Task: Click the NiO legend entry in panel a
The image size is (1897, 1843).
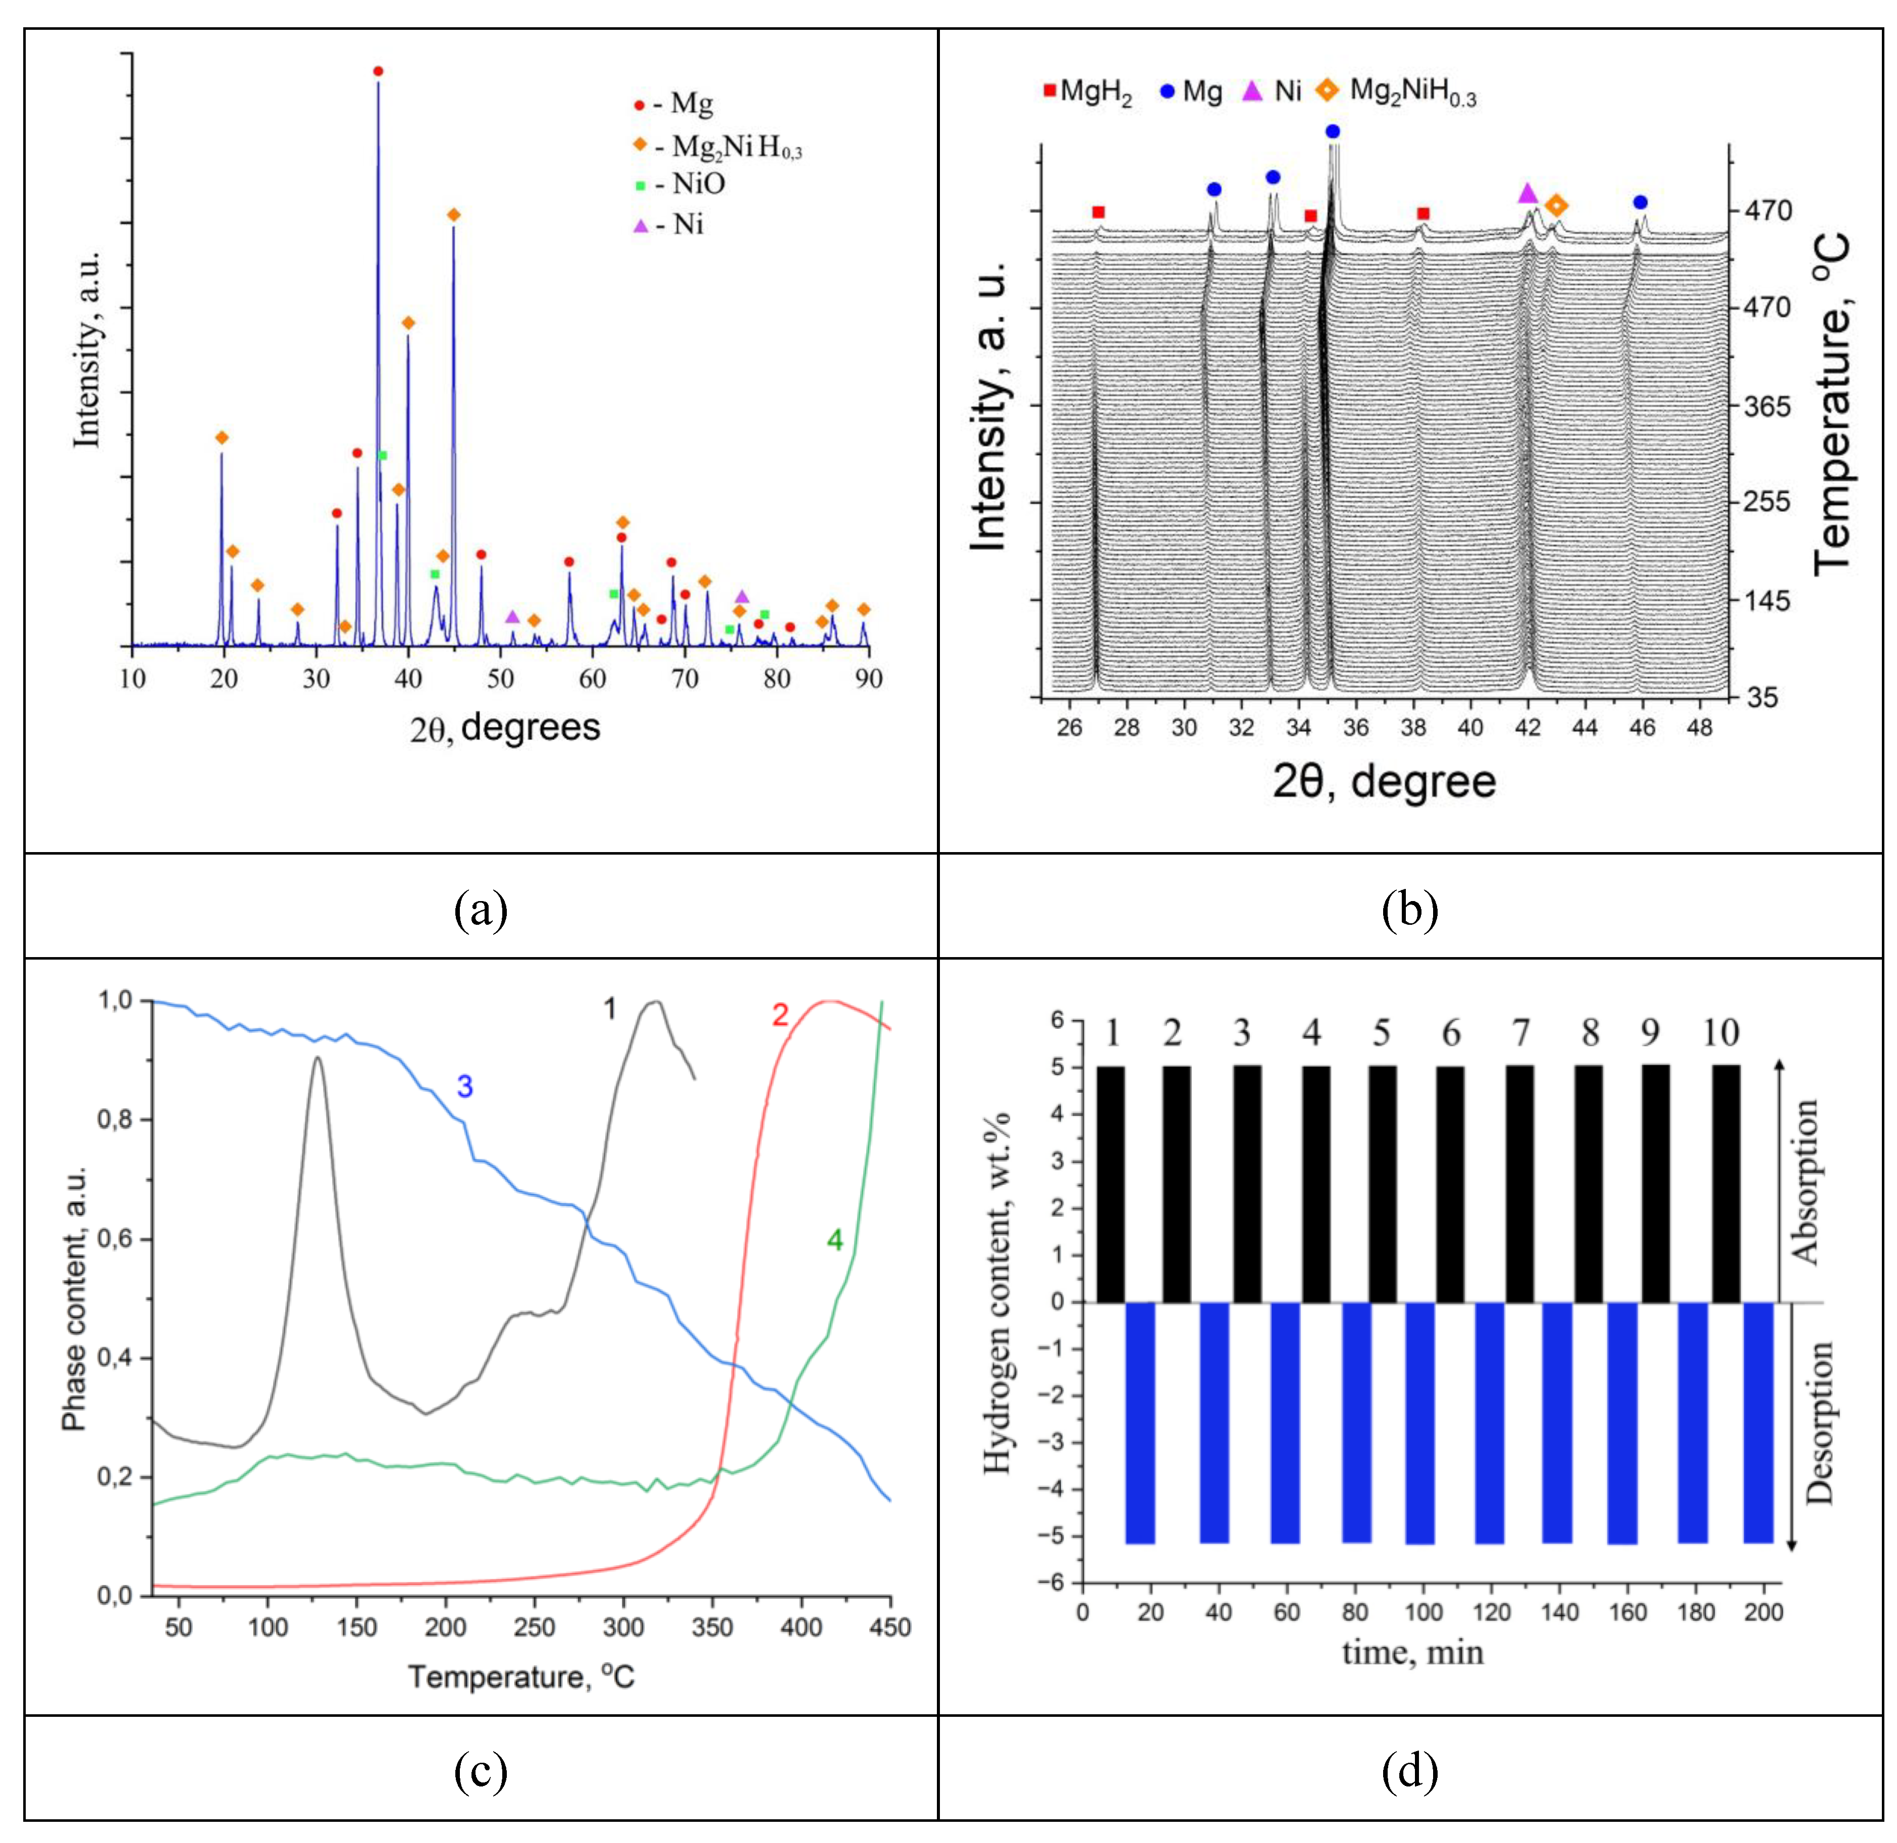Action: pos(680,184)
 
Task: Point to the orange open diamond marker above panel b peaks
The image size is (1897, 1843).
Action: pos(1555,205)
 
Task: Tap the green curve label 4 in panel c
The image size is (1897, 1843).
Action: pos(834,1240)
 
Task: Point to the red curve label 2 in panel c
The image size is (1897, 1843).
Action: pos(780,1016)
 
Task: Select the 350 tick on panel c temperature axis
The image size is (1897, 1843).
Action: pos(712,1627)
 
